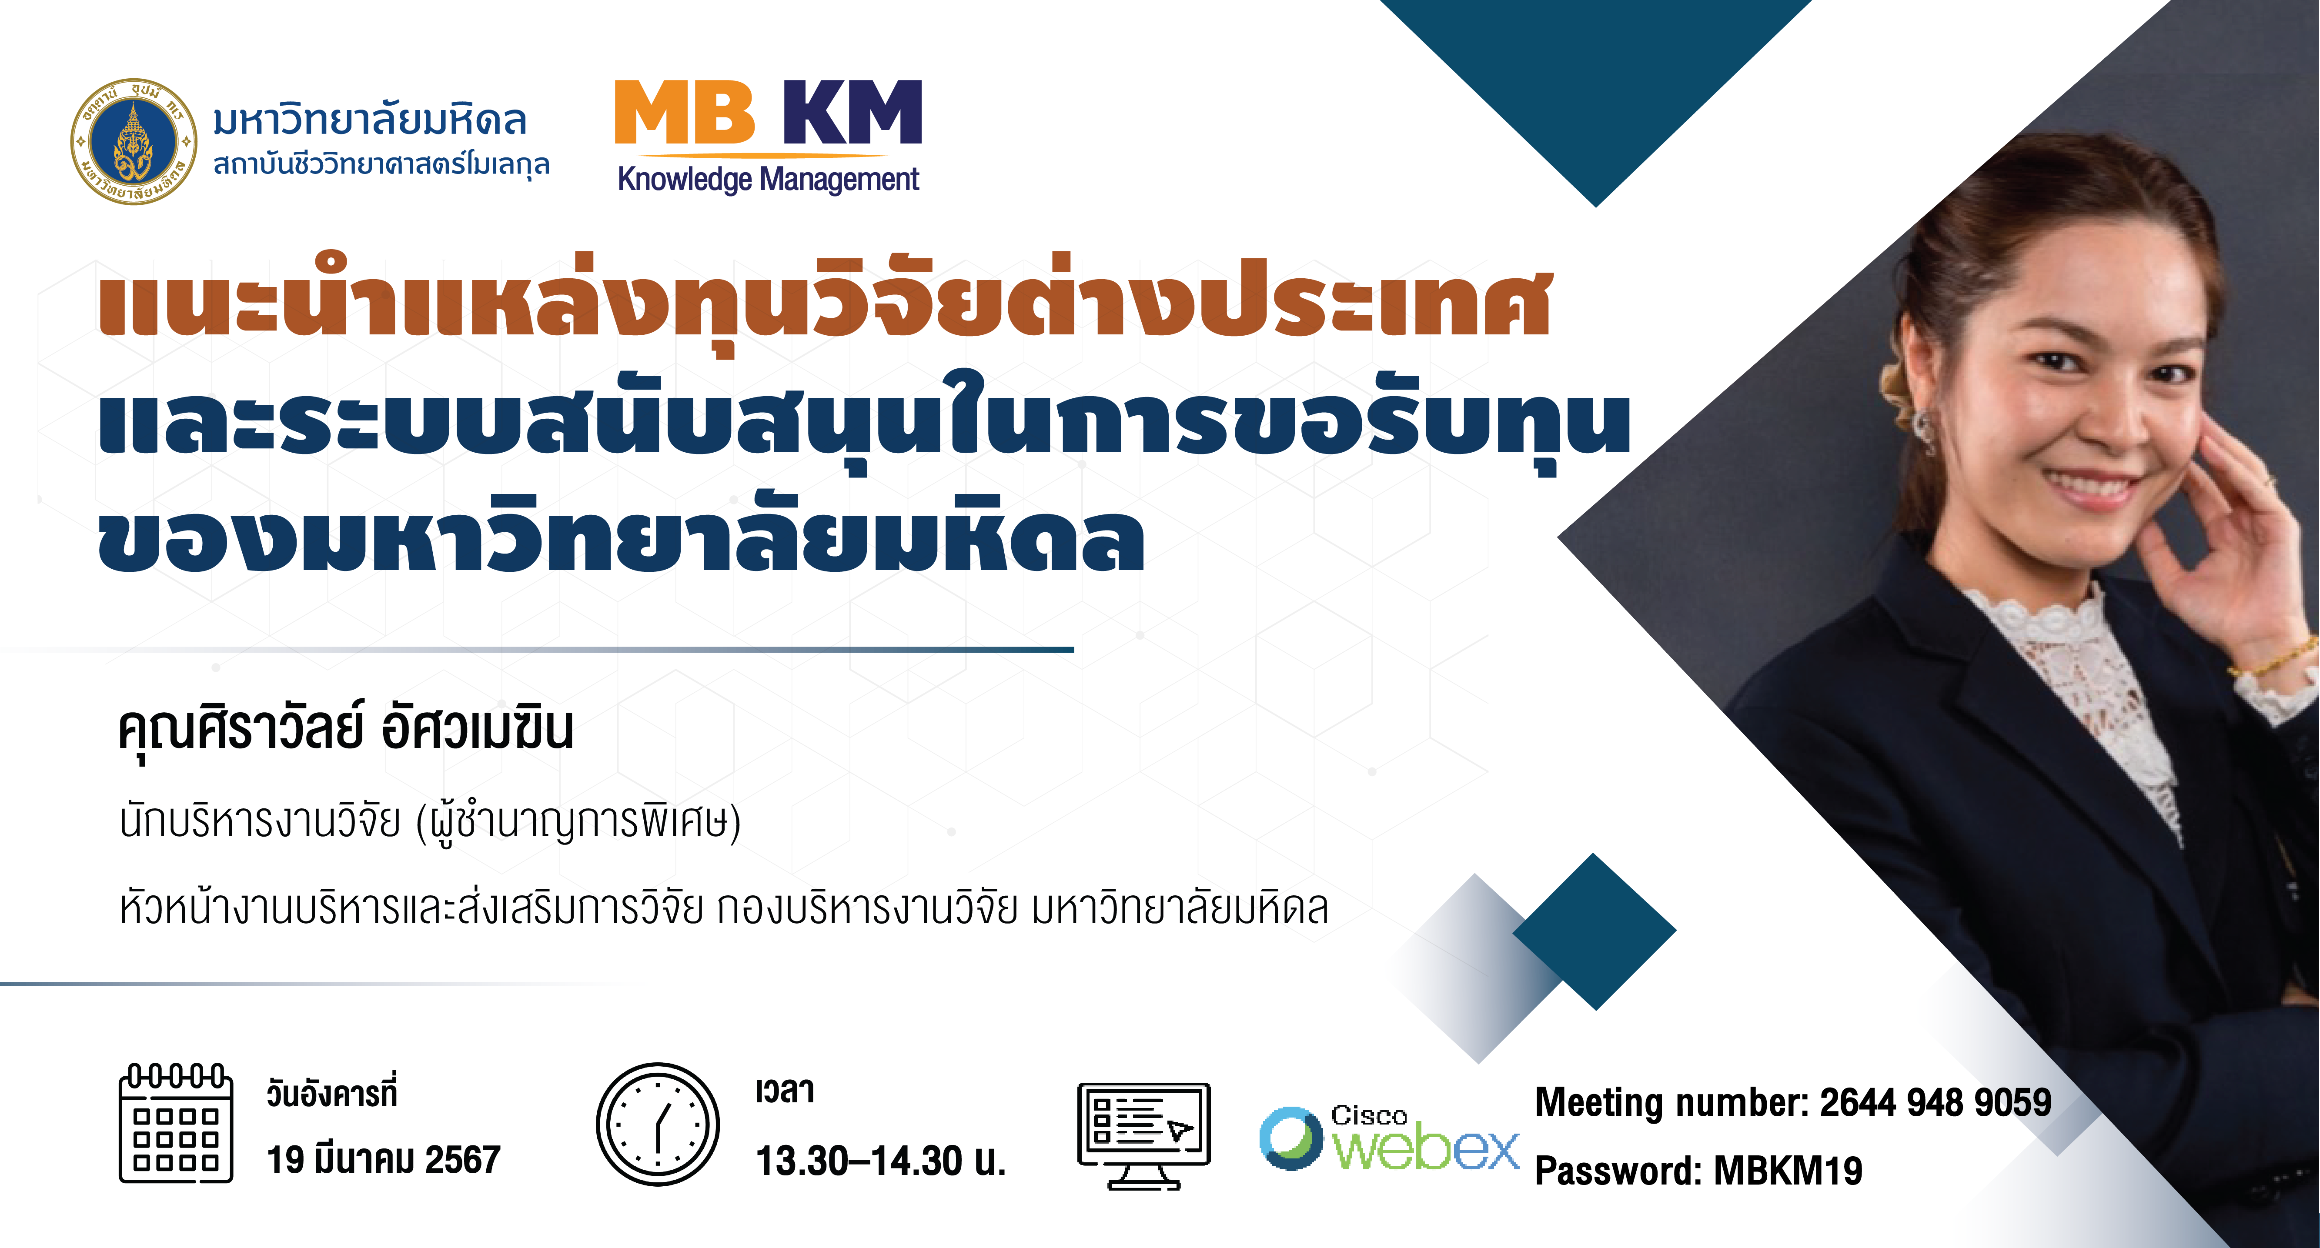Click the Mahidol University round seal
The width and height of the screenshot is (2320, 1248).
pyautogui.click(x=133, y=141)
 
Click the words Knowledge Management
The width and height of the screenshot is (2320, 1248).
pyautogui.click(x=768, y=179)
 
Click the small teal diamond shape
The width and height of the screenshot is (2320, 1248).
pyautogui.click(x=1594, y=931)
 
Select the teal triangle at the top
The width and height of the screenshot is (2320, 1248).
pyautogui.click(x=1596, y=99)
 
